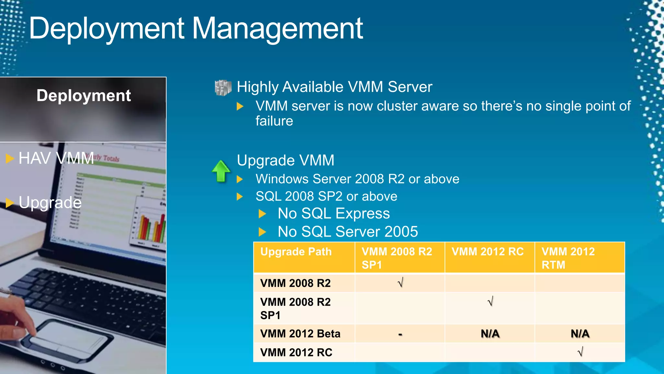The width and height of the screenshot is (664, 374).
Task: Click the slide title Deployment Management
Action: [196, 29]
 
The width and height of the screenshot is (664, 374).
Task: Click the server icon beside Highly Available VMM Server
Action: [223, 88]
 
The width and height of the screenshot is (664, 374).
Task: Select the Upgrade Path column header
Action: [296, 252]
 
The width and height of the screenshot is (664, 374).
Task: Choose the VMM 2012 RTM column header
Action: [568, 258]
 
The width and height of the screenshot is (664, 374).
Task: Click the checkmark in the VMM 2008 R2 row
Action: [400, 283]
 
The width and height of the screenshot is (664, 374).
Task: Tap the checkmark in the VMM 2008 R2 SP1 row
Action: [490, 302]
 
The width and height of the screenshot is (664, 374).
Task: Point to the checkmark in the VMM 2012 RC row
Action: [580, 352]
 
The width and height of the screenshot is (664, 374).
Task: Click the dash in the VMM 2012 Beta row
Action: [400, 334]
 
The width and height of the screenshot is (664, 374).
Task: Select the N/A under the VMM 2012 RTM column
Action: [580, 334]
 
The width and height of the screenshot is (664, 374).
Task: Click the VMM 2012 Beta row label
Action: [300, 334]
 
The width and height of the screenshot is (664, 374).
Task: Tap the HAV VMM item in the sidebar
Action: [56, 158]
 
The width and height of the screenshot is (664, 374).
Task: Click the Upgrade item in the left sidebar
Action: [50, 203]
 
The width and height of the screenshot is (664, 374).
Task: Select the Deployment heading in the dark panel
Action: [84, 96]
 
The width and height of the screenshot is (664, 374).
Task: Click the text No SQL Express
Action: [334, 214]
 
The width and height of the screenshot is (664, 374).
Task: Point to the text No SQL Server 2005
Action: [348, 232]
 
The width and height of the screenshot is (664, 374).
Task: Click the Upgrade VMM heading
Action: [285, 160]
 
